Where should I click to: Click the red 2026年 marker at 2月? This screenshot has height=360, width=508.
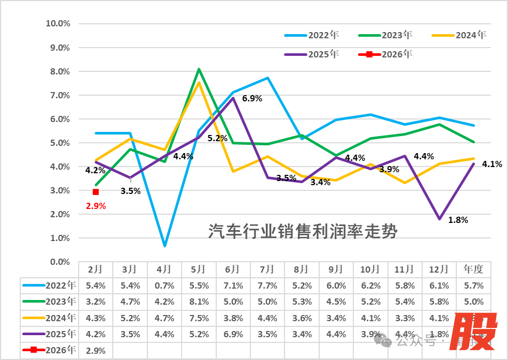(x=96, y=192)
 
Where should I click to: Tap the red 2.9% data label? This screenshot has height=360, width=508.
(x=96, y=206)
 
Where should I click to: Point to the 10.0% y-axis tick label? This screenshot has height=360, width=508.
(x=58, y=24)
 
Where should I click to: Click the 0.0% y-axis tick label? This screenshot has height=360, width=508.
(x=60, y=262)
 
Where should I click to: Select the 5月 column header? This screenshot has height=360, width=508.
(x=198, y=269)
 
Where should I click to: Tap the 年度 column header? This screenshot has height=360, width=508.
(x=474, y=269)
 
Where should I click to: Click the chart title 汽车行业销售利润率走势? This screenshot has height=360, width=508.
(x=303, y=231)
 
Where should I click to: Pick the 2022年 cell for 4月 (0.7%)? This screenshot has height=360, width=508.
(x=164, y=286)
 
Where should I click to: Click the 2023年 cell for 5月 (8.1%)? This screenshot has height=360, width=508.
(x=198, y=302)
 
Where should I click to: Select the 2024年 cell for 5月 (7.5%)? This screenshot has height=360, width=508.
(x=198, y=318)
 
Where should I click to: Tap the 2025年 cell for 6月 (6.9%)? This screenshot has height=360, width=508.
(x=233, y=334)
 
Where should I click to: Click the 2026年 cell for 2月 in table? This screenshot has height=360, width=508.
(x=96, y=350)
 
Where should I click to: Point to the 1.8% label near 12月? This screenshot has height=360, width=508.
(x=458, y=220)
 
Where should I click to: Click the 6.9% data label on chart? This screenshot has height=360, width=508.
(x=252, y=98)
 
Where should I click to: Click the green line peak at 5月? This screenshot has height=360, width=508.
(x=199, y=69)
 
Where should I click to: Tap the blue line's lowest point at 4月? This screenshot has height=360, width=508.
(x=165, y=246)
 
